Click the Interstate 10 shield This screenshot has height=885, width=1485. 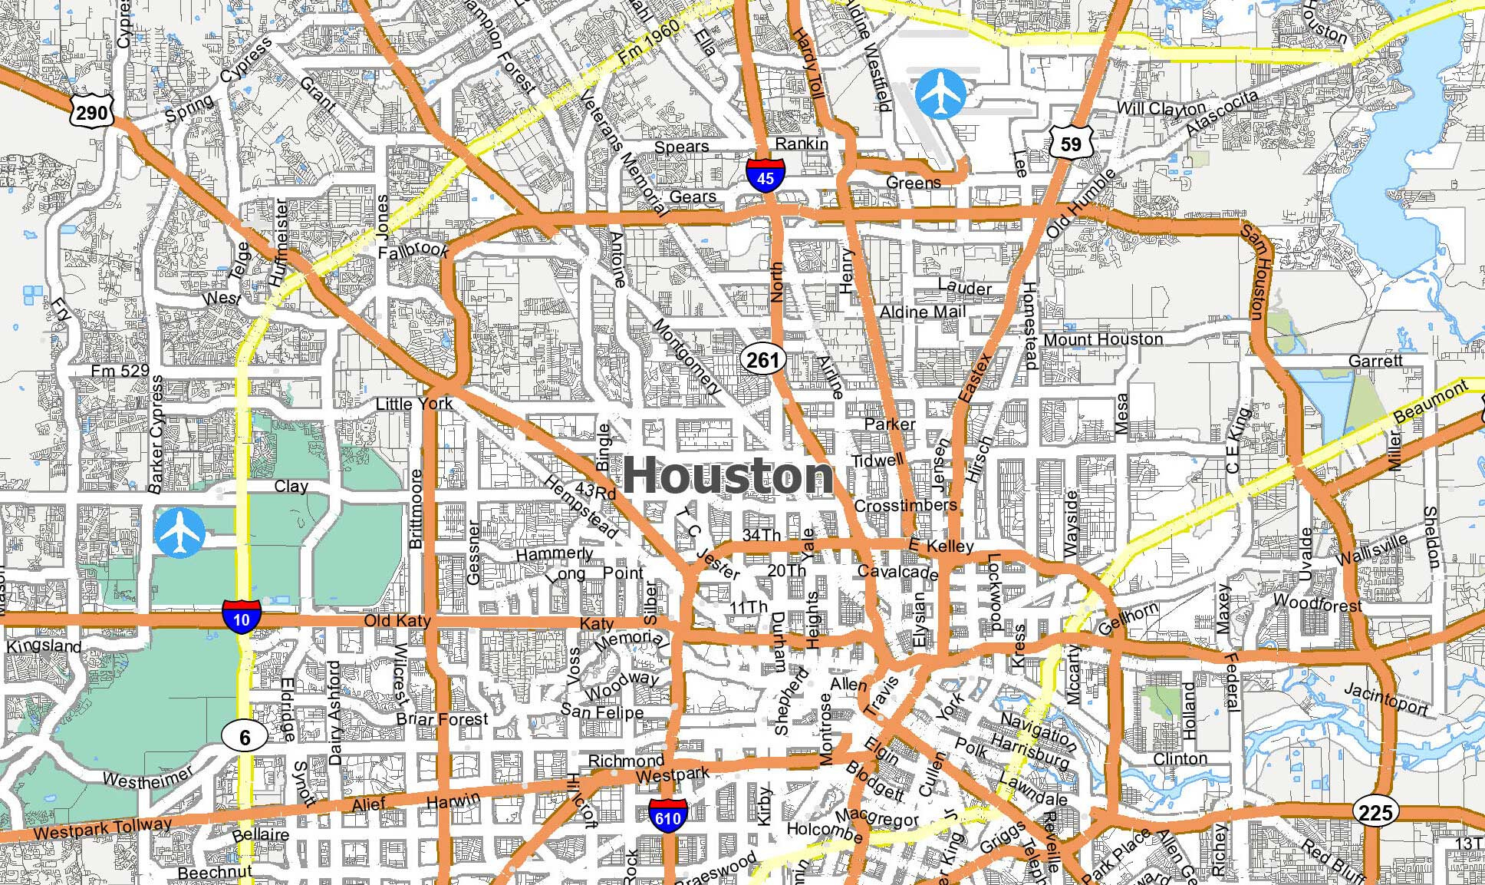(x=242, y=617)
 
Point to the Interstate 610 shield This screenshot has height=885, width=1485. (x=667, y=817)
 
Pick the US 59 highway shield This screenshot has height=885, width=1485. (x=1071, y=142)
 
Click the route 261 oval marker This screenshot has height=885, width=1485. (x=762, y=360)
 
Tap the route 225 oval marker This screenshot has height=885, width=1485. (x=1375, y=812)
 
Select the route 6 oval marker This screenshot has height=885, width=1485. (x=245, y=738)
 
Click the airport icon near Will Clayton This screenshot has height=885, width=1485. (x=940, y=94)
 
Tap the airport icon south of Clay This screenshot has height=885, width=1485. (x=179, y=532)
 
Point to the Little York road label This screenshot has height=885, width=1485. (x=413, y=404)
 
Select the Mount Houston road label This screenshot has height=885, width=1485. (x=1103, y=339)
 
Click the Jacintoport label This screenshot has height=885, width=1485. (x=1385, y=699)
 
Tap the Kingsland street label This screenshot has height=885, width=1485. (x=44, y=646)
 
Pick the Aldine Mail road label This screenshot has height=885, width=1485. (x=922, y=312)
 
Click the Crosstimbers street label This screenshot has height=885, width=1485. (x=905, y=506)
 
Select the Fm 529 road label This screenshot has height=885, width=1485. (x=120, y=371)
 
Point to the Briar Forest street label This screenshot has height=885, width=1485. (x=442, y=719)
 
